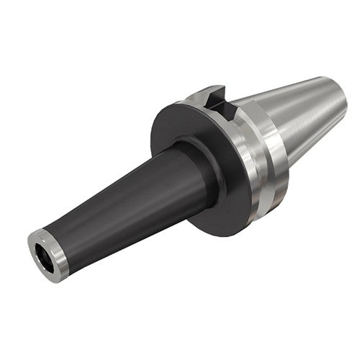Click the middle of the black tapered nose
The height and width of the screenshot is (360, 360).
(x=122, y=202)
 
